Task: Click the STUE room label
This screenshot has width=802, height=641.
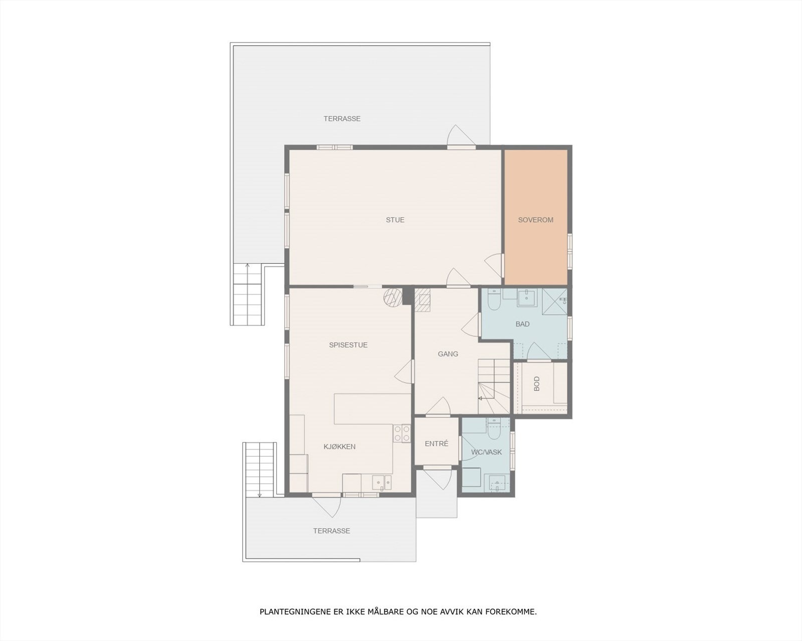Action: point(395,220)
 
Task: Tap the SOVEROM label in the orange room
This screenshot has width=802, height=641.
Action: point(535,220)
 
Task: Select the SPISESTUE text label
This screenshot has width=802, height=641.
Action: point(348,345)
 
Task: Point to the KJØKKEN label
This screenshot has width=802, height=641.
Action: point(339,447)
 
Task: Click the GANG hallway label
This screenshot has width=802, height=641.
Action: point(448,354)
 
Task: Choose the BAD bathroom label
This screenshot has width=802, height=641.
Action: point(522,324)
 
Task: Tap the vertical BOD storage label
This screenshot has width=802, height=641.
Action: point(537,384)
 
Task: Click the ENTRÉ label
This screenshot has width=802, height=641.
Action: point(436,444)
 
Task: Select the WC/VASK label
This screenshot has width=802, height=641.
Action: point(486,452)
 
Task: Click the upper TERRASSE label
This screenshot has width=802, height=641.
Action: point(342,119)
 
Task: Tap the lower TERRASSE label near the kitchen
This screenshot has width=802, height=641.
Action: point(331,531)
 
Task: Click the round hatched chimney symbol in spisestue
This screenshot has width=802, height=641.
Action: point(392,296)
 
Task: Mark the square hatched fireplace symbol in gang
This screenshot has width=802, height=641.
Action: point(422,300)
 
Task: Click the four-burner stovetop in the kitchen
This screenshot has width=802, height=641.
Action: point(401,433)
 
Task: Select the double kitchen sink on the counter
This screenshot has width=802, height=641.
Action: point(382,483)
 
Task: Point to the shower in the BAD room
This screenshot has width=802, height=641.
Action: point(555,300)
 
